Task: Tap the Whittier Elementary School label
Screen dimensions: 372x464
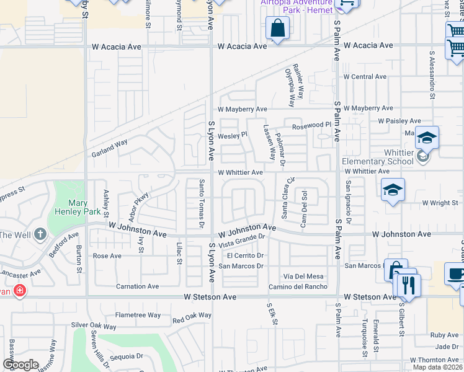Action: tap(377, 157)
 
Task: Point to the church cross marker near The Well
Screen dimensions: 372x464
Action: tap(41, 234)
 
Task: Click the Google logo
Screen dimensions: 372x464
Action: tap(20, 365)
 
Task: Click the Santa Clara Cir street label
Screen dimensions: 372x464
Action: tap(286, 198)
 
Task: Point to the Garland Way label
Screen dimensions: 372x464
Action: tap(109, 148)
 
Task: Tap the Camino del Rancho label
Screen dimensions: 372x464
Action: tap(298, 286)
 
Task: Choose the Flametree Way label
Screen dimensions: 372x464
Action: tap(138, 315)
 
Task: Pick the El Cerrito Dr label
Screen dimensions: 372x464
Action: tap(246, 255)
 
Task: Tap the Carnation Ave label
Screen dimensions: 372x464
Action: tap(138, 286)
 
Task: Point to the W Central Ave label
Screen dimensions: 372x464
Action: tap(365, 77)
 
